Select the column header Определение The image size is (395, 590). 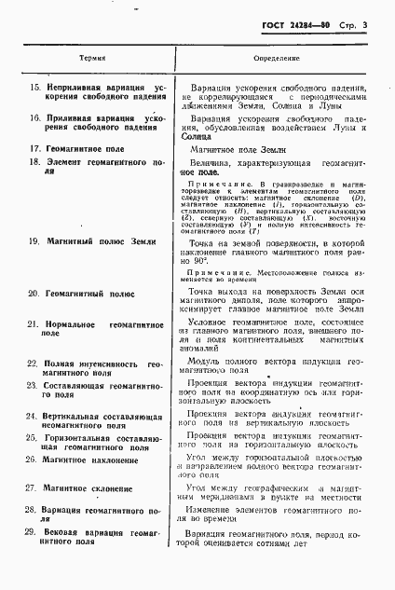tap(277, 57)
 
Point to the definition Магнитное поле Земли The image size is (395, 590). tap(252, 147)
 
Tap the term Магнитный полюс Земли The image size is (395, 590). tap(92, 241)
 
